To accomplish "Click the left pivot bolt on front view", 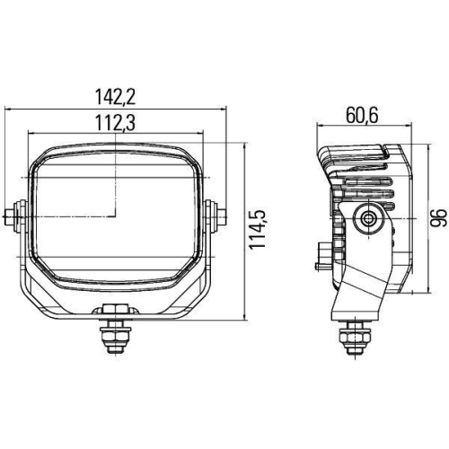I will click(16, 216).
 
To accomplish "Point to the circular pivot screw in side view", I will click(366, 218).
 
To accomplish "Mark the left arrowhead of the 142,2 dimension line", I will click(10, 107).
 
